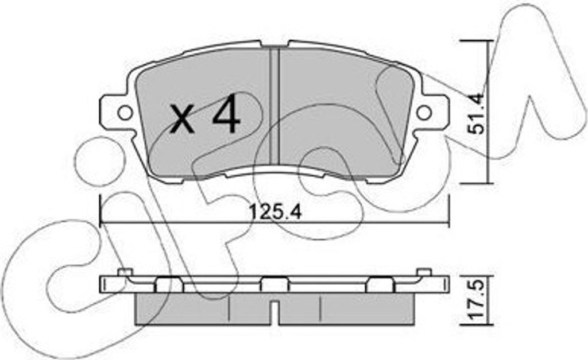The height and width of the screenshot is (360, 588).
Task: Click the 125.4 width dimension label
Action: [275, 212]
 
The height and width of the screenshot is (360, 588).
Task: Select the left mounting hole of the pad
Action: [124, 112]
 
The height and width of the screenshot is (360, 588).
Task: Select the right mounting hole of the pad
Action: [424, 113]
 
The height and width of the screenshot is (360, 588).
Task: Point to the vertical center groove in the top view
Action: [274, 109]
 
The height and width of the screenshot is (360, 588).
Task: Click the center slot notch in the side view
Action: [275, 311]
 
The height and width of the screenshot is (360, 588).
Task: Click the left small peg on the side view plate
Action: [125, 272]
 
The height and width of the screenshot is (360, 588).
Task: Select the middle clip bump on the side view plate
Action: [275, 284]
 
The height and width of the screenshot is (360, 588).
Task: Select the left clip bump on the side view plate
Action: [169, 284]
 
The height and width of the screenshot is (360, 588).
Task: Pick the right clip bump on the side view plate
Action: [381, 284]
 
